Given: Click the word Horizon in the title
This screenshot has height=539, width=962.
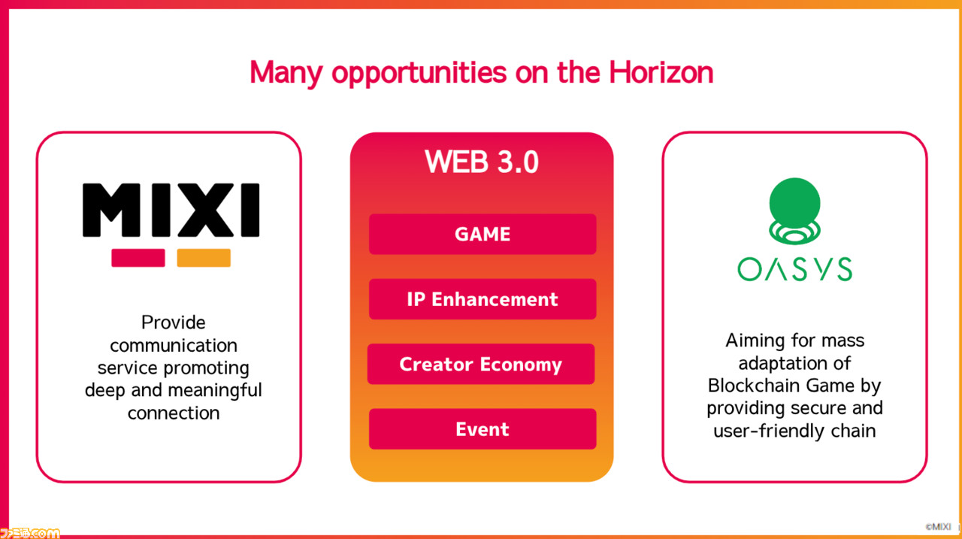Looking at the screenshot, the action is click(661, 72).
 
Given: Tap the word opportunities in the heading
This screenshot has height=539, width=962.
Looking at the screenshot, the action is click(419, 74).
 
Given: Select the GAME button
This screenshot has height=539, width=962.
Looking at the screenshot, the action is click(483, 234).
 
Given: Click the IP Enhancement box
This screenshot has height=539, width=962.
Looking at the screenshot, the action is click(483, 299).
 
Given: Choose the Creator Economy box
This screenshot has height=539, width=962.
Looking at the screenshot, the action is click(481, 364).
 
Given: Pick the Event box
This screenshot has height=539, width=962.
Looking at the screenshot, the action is click(483, 428).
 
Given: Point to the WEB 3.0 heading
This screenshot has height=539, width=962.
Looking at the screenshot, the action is click(482, 162).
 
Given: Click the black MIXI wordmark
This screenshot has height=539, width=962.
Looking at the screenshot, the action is click(171, 210).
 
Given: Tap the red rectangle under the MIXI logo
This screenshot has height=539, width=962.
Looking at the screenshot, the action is click(138, 258).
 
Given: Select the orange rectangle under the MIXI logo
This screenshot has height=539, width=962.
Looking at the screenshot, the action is click(204, 258).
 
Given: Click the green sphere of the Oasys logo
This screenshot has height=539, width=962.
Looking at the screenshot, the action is click(794, 203).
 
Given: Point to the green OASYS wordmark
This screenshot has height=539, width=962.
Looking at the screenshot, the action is click(794, 269).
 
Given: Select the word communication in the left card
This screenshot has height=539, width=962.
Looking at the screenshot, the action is click(174, 345).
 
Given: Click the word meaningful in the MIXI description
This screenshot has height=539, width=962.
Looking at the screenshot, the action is click(215, 390).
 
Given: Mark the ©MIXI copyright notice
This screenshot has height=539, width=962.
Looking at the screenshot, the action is click(939, 526).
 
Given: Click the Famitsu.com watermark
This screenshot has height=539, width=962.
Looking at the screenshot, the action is click(29, 533).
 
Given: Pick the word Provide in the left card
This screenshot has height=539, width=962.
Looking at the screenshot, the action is click(173, 322).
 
